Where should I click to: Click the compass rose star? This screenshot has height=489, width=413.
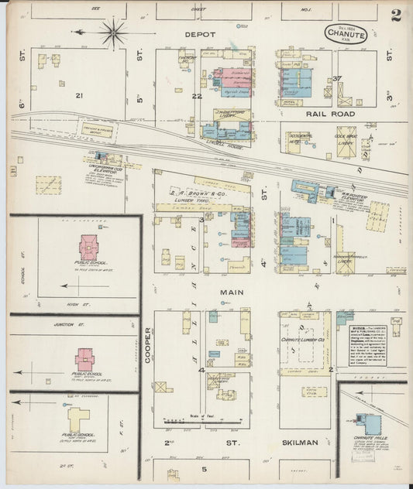115,32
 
